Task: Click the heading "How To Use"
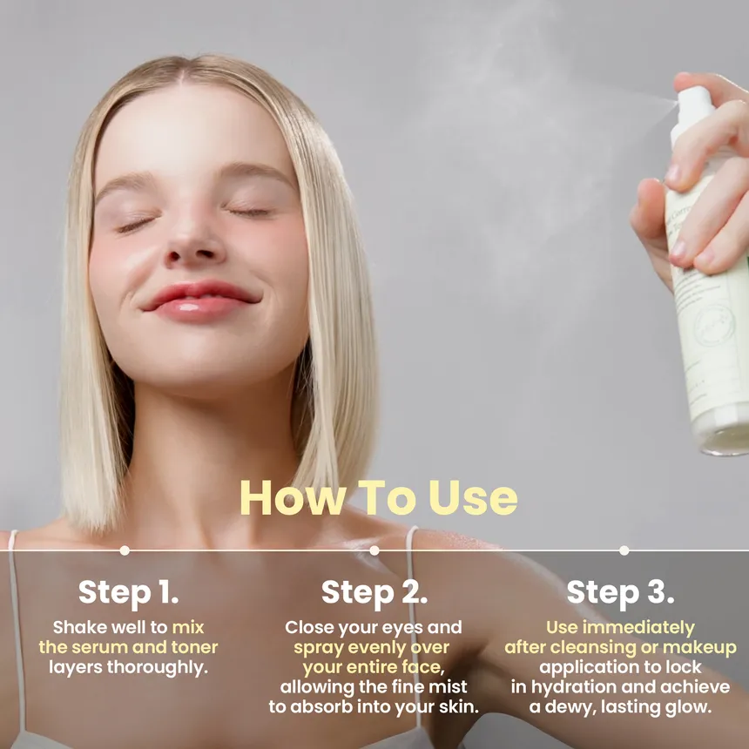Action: click(x=378, y=497)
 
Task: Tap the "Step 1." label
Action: click(x=128, y=592)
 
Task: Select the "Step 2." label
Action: click(x=374, y=592)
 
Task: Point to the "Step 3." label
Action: click(x=620, y=592)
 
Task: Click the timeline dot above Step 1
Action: click(x=125, y=550)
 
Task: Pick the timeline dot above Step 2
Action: click(x=374, y=550)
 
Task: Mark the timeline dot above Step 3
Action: click(x=624, y=550)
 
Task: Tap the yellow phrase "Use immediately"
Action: click(x=620, y=627)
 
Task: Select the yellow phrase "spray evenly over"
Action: click(x=372, y=647)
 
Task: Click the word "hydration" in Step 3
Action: click(x=575, y=687)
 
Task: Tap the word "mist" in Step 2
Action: click(x=449, y=687)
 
